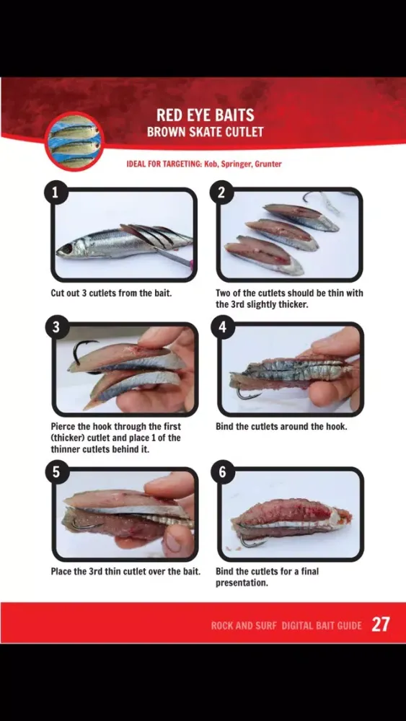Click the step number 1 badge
tap(56, 193)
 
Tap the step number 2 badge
tap(222, 193)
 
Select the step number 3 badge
tap(56, 327)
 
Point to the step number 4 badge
tap(223, 327)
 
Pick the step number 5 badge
tap(56, 473)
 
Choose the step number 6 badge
tap(223, 473)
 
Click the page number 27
tap(381, 625)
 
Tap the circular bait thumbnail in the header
tap(74, 141)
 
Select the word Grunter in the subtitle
tap(268, 164)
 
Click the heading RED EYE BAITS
tap(205, 115)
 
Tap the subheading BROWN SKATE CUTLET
tap(205, 132)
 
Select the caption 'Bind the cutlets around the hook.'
tap(281, 426)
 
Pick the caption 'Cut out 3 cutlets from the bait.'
tap(111, 293)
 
